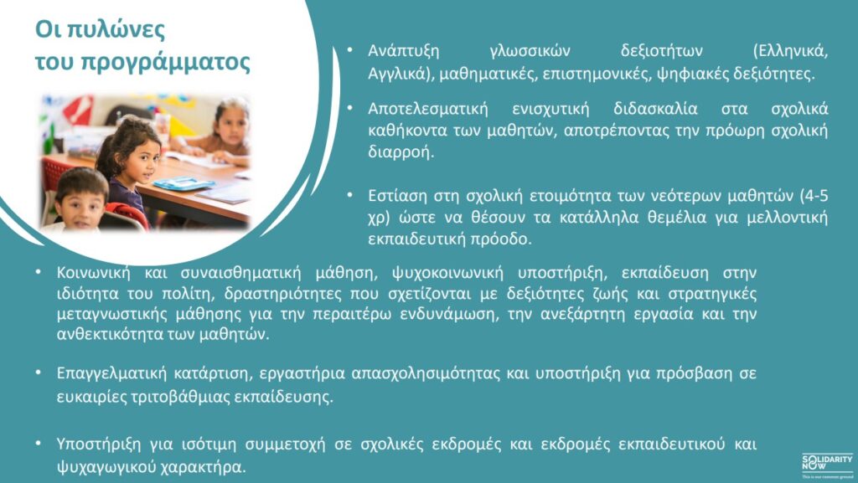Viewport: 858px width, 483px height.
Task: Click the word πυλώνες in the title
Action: [113, 31]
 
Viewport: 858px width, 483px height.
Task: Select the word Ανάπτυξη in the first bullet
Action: [403, 52]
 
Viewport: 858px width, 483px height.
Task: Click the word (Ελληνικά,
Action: [790, 52]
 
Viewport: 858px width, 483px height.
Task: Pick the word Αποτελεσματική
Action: [428, 110]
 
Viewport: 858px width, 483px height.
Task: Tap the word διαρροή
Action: [401, 152]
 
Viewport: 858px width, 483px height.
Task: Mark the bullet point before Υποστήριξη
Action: [38, 444]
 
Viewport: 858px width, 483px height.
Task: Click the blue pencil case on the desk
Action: [183, 183]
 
